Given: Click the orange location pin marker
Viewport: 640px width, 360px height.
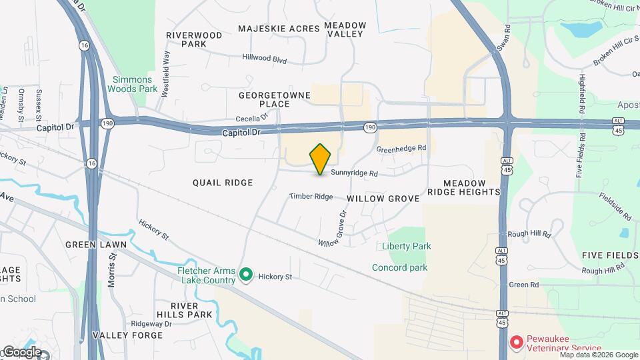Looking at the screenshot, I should pos(321,159).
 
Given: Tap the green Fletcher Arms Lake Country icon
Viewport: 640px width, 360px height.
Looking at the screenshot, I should pos(245,274).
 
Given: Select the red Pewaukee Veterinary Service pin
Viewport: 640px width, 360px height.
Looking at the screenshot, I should pos(516,342).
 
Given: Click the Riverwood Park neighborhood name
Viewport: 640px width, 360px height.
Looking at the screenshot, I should pos(194,39).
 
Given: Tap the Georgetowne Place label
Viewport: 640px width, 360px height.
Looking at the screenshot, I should pos(275,99).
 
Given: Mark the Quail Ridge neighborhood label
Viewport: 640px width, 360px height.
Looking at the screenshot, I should pos(223,183).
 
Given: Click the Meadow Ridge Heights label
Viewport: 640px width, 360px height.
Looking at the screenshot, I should pos(472,187).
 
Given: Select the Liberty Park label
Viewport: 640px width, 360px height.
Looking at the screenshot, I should pos(406,246).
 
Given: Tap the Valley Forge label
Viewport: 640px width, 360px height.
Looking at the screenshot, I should pos(127,335).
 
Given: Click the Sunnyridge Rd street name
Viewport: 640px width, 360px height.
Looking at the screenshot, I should pos(355,173).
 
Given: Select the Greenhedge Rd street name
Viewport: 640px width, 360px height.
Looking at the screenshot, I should pos(401,148).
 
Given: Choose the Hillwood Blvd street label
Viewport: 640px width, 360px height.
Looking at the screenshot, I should pos(264,59).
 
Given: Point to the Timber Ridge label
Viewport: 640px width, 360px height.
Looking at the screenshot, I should pos(311,197).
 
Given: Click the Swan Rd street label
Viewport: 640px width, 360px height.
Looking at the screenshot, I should pos(503,40).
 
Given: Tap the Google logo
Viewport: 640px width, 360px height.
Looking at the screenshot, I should pos(22,351).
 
